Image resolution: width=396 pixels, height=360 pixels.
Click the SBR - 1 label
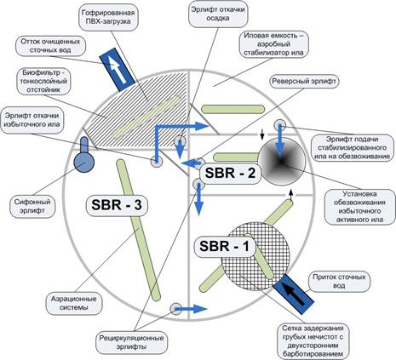point(224,246)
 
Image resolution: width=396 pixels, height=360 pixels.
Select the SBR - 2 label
point(230,173)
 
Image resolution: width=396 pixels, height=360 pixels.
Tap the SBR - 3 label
point(117,205)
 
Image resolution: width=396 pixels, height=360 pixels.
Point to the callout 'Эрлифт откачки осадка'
point(218,14)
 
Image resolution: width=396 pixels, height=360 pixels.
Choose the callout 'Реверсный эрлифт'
point(304,82)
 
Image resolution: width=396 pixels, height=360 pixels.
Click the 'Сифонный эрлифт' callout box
point(32,207)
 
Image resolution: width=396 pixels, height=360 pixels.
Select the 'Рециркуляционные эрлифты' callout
point(131,343)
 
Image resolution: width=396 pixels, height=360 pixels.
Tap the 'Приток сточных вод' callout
point(339,281)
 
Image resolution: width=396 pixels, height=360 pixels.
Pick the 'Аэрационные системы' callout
point(74,304)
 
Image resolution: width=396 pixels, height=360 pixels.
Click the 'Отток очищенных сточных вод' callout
point(50,46)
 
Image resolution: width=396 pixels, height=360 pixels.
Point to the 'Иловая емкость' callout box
point(273,44)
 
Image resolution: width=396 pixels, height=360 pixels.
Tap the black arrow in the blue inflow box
point(294,294)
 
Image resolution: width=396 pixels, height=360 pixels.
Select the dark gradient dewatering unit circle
point(282,162)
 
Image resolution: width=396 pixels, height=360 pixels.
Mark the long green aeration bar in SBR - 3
point(139,230)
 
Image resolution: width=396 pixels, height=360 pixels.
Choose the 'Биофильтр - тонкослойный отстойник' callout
point(43,82)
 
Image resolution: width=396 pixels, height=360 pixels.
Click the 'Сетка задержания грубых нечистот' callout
point(313,341)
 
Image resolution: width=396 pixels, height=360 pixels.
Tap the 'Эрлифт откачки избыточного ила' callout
point(32,120)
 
